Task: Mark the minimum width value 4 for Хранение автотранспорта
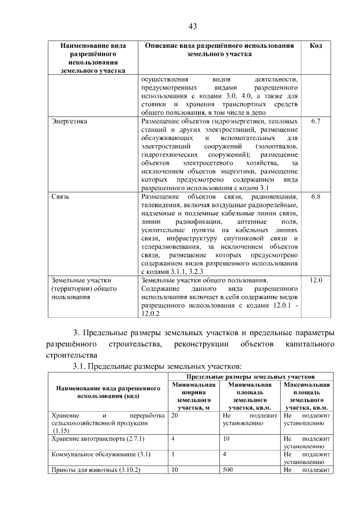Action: (173, 438)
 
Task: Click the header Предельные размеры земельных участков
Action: (250, 376)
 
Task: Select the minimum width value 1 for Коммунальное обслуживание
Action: (173, 454)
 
